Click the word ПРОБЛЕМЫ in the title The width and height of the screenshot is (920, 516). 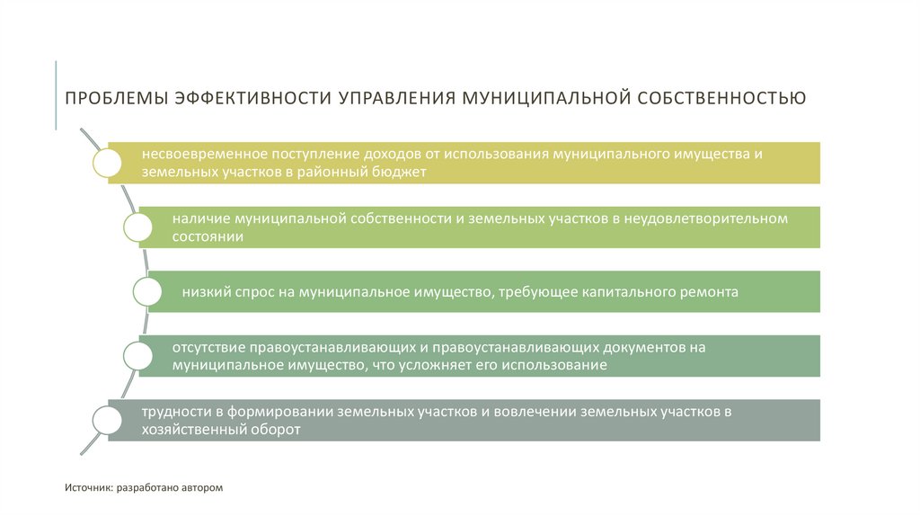(x=112, y=96)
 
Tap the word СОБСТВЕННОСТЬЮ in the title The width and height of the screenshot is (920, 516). (x=721, y=96)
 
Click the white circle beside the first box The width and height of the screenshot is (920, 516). (x=107, y=162)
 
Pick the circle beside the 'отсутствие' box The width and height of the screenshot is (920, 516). (x=138, y=355)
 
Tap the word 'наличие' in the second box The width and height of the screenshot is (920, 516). (x=199, y=218)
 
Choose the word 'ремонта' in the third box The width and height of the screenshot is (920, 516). (x=712, y=291)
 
